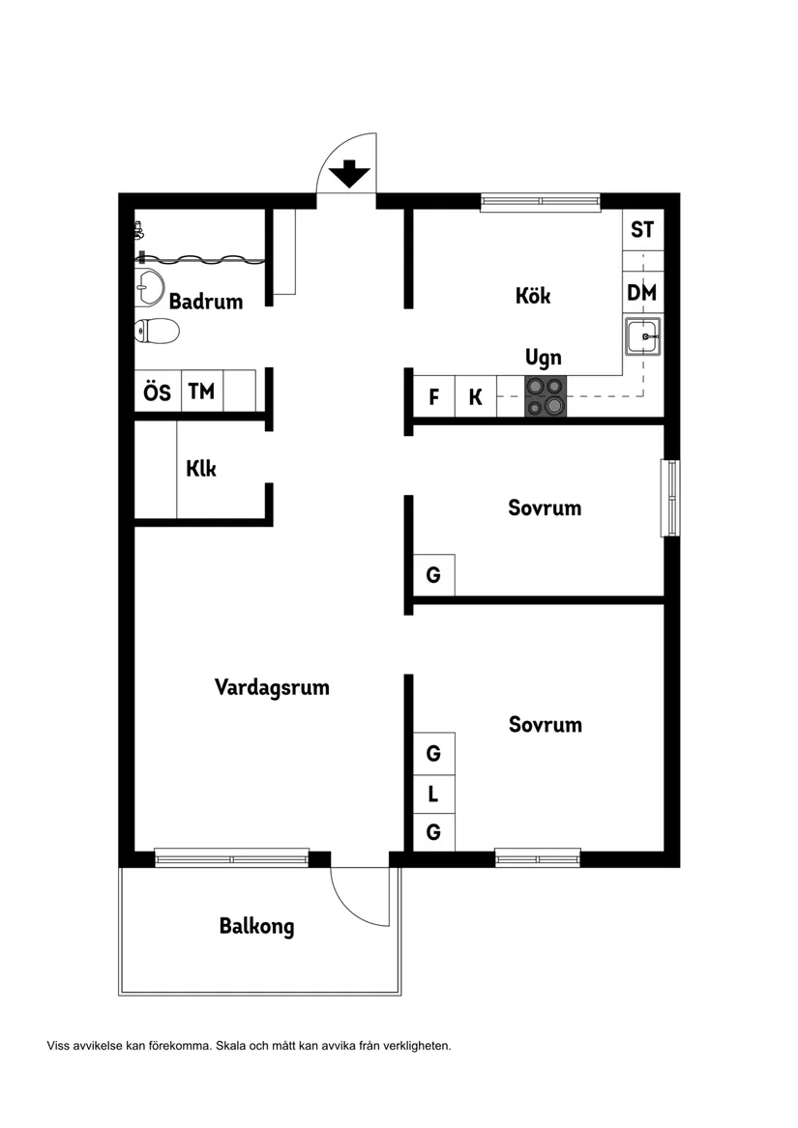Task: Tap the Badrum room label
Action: (205, 302)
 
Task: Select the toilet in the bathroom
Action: (157, 332)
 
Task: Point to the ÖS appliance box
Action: (157, 392)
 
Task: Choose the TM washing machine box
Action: (201, 392)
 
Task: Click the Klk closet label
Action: (200, 470)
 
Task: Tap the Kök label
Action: (533, 296)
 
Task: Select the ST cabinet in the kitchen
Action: (642, 230)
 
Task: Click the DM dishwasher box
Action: (642, 293)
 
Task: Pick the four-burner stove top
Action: (545, 396)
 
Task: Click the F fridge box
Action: (434, 397)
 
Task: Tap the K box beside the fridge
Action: (475, 397)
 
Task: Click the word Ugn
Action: (544, 358)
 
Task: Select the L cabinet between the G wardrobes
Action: (433, 795)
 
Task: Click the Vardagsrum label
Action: (272, 688)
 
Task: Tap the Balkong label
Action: (256, 926)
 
